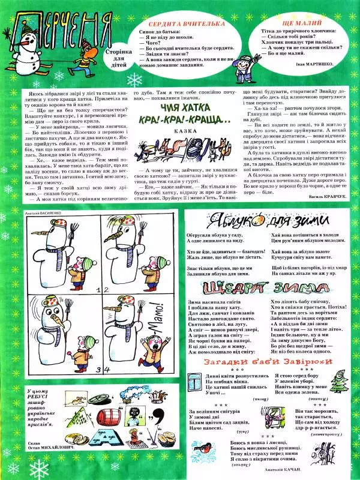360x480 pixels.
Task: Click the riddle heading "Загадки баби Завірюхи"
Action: [267, 362]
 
